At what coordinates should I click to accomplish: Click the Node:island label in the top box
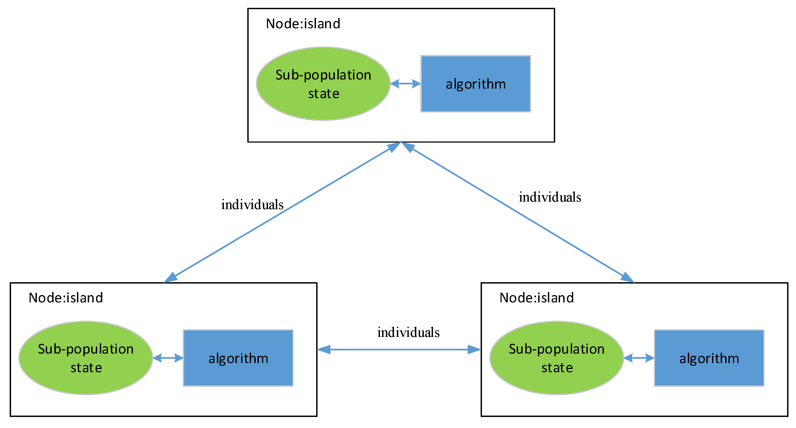[303, 24]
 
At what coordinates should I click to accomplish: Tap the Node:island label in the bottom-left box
[65, 298]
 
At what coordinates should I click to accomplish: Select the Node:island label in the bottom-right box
[536, 298]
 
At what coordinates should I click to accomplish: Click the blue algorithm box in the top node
[476, 84]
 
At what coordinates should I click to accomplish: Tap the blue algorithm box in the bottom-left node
[238, 358]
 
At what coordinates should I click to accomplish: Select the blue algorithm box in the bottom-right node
[709, 358]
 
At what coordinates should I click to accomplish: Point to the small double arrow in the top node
[406, 84]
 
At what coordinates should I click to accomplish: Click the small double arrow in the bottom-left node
[168, 358]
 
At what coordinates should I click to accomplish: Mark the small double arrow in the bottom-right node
[639, 358]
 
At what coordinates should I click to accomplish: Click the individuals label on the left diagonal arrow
[252, 205]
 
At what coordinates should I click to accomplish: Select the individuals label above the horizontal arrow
[408, 333]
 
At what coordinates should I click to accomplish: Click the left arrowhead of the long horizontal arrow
[324, 350]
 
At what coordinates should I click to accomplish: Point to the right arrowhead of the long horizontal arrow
[474, 350]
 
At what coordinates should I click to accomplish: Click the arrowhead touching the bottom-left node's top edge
[171, 278]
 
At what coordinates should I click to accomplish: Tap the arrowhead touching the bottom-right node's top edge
[627, 278]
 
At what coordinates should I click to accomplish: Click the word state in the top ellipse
[323, 94]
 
